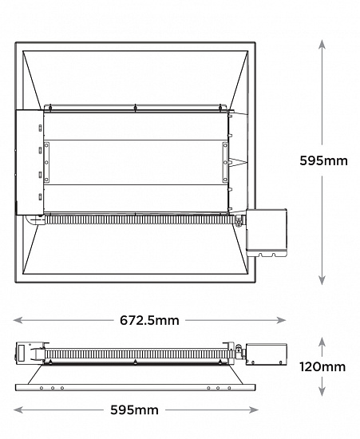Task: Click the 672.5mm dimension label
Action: [149, 320]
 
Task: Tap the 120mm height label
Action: [322, 367]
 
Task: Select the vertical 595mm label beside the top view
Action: [323, 160]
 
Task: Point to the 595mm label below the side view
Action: [134, 410]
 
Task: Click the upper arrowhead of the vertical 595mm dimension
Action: [322, 44]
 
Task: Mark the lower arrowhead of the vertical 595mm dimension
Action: [322, 280]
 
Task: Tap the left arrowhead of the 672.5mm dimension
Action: [18, 320]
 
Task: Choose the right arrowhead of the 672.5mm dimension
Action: [281, 320]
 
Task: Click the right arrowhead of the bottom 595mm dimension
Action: [254, 410]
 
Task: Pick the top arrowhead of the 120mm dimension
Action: [322, 342]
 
